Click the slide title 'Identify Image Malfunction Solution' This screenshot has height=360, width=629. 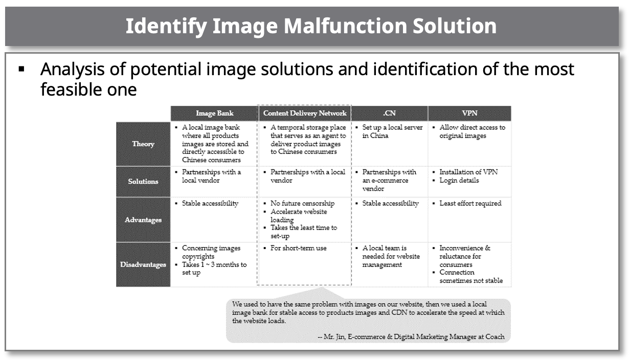(311, 26)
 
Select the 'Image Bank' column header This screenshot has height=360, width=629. (215, 113)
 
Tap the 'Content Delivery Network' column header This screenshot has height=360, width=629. (305, 113)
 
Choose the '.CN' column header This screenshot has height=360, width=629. (389, 113)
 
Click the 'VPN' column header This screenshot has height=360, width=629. (469, 113)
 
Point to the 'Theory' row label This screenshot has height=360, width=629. (143, 144)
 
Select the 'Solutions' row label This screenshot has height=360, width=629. (143, 182)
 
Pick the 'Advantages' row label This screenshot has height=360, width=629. (143, 219)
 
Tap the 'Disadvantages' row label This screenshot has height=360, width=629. (143, 264)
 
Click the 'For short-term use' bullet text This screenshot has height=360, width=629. (299, 248)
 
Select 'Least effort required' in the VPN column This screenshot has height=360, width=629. (470, 203)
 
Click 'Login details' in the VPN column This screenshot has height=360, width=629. (459, 181)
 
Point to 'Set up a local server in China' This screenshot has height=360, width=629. (392, 131)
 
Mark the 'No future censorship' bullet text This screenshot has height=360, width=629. (302, 203)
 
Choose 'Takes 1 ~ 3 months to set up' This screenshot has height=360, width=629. (214, 268)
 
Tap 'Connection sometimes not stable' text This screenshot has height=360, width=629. (471, 276)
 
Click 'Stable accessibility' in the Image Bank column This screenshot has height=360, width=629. (210, 203)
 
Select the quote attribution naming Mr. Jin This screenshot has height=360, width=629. (411, 336)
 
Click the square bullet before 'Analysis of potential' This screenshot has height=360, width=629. (21, 69)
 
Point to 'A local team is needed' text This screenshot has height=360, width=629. (391, 256)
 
